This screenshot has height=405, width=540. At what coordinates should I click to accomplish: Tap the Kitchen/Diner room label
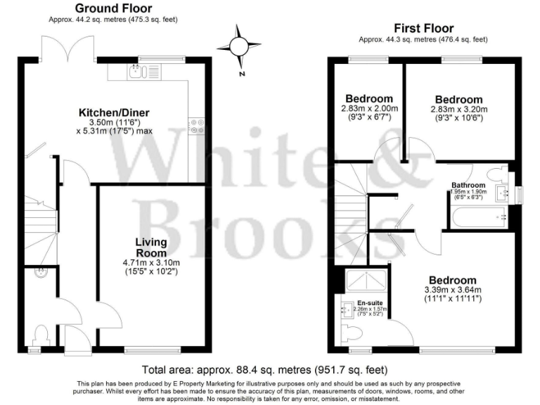click(114, 112)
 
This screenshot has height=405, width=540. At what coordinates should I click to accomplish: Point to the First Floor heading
click(423, 28)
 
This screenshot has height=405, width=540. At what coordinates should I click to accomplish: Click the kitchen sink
click(135, 70)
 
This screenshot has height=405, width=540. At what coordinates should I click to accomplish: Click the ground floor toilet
click(39, 333)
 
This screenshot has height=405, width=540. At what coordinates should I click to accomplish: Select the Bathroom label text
click(469, 186)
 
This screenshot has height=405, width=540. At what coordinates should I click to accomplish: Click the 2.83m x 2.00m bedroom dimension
click(370, 109)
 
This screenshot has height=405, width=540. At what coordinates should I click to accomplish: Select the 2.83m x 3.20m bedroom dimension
click(458, 110)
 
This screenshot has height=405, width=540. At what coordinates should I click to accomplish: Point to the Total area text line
click(264, 370)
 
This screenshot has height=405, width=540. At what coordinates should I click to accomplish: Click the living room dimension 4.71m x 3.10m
click(152, 264)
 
